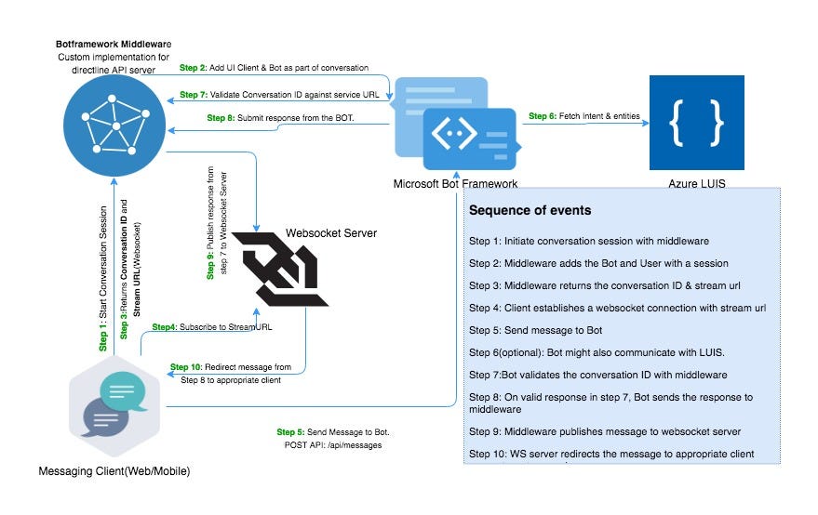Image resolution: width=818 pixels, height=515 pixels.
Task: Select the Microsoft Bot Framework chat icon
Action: point(456,127)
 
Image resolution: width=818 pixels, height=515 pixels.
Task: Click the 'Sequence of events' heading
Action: point(530,210)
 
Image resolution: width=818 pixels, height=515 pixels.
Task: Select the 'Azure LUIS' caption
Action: point(696,184)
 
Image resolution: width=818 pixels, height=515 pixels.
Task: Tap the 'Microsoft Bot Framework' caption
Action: point(455,184)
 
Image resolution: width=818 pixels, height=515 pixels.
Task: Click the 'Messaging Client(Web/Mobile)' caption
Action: point(114,473)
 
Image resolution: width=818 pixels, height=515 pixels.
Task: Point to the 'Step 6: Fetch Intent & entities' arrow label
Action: point(583,116)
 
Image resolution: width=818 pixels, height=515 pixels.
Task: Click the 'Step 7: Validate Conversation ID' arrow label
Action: point(278,94)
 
